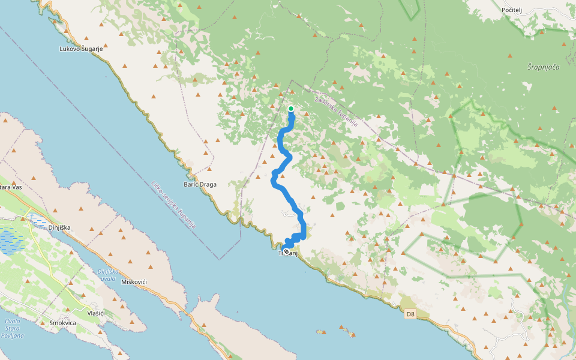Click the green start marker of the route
[x=291, y=109]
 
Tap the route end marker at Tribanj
[x=286, y=252]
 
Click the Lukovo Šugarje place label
[x=82, y=49]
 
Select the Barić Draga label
[x=200, y=184]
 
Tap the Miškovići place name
[x=134, y=281]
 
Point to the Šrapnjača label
[x=543, y=67]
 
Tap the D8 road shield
[x=410, y=314]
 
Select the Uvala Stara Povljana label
[x=11, y=328]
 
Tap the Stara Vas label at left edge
[x=11, y=187]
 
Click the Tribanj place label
[x=289, y=253]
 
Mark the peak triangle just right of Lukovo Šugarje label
[x=107, y=45]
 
